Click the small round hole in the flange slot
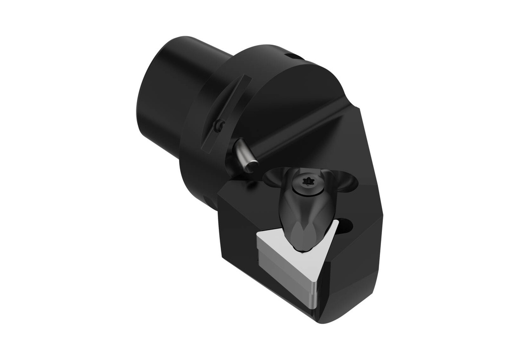(218, 127)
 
